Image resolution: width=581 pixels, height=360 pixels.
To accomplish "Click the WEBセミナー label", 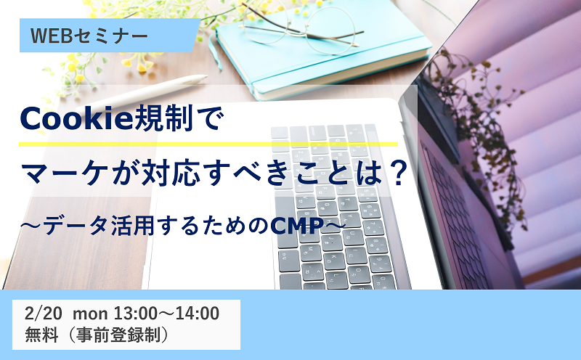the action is [x=89, y=36].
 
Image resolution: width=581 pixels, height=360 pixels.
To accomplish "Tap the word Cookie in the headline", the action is [x=76, y=118].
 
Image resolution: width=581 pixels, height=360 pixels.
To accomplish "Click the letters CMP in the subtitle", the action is [x=296, y=226].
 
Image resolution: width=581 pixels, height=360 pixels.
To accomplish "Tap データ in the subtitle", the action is [x=76, y=226].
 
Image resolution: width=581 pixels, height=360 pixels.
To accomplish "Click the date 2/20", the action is [x=44, y=314].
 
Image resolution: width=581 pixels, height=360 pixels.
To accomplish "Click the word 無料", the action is [x=41, y=335].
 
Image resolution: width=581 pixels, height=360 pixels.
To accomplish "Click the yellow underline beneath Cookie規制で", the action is [x=208, y=144].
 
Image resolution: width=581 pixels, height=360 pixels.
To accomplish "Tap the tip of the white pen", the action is [x=205, y=77].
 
